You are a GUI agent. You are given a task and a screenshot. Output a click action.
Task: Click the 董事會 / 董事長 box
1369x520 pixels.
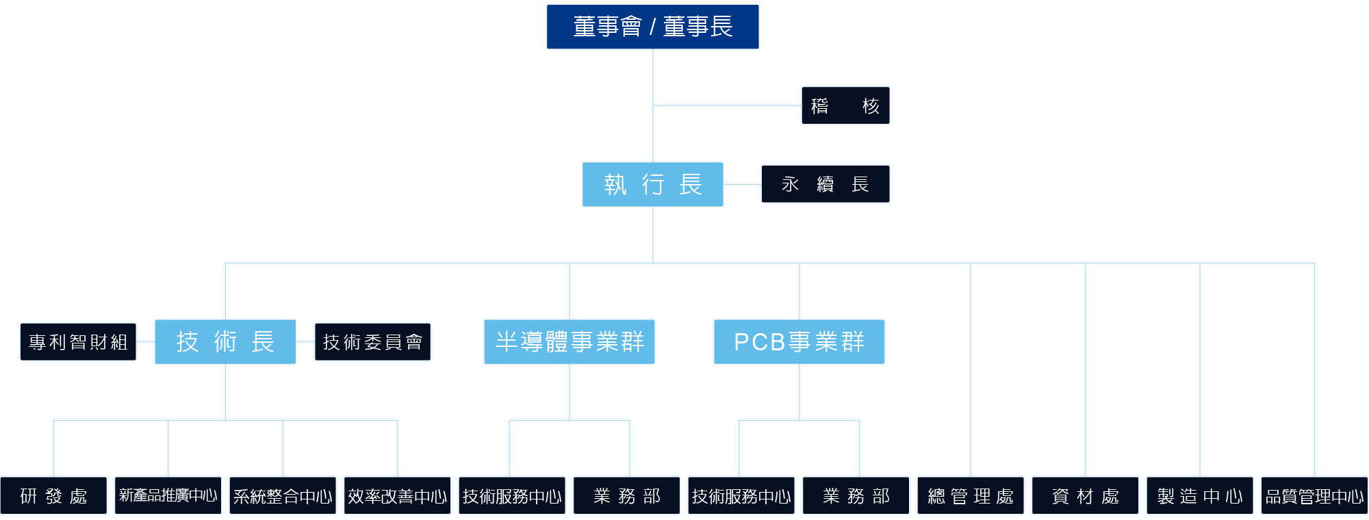pos(652,27)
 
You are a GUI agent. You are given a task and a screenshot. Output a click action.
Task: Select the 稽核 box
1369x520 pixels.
pos(845,105)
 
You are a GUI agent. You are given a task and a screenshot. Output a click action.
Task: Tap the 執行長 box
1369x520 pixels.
pos(652,184)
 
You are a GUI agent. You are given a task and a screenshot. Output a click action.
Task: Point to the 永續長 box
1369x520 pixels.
pos(825,184)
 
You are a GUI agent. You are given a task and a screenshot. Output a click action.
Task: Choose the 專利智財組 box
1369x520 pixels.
pos(78,341)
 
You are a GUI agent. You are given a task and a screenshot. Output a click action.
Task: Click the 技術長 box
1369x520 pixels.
pos(225,341)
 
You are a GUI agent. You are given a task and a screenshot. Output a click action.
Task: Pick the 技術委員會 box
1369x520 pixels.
pos(372,341)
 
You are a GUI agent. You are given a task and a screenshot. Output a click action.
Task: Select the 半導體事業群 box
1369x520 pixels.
pos(570,341)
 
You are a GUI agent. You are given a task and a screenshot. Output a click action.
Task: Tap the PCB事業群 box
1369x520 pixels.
pos(799,341)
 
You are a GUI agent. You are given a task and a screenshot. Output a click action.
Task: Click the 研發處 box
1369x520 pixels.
pos(54,495)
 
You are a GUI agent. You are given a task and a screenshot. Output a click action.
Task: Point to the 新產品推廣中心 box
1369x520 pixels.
pos(168,495)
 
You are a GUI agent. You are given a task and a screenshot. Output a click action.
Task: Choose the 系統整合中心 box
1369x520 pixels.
pos(283,495)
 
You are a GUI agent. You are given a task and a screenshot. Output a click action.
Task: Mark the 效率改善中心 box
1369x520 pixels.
pos(397,495)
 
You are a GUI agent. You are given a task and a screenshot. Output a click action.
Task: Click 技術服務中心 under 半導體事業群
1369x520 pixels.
pos(512,495)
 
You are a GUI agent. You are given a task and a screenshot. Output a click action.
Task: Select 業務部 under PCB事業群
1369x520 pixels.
pos(856,495)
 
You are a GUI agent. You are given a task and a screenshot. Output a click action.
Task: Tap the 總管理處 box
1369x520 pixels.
pos(971,495)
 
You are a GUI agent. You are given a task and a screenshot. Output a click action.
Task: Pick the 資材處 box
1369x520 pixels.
pos(1086,495)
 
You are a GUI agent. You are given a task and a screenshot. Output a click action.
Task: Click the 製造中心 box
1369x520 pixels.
pos(1200,495)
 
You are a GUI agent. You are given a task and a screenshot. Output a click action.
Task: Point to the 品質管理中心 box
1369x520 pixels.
pos(1314,495)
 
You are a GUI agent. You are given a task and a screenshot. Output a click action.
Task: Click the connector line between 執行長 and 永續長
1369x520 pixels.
pos(741,184)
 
